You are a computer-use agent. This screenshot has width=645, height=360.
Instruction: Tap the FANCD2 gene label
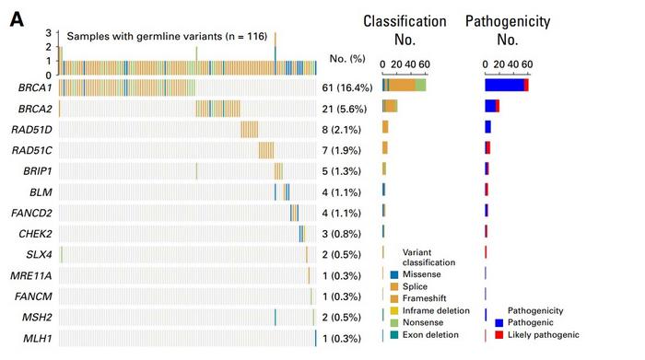32,213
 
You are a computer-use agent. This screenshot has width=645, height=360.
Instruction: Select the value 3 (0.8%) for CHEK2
346,233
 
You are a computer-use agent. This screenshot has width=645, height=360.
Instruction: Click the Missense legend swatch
394,274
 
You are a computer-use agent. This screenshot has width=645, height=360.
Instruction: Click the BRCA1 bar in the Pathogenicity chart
506,85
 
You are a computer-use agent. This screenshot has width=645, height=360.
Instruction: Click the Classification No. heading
405,30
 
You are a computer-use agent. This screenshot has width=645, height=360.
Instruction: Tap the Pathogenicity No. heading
508,30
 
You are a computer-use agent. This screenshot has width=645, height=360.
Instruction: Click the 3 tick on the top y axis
48,32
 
